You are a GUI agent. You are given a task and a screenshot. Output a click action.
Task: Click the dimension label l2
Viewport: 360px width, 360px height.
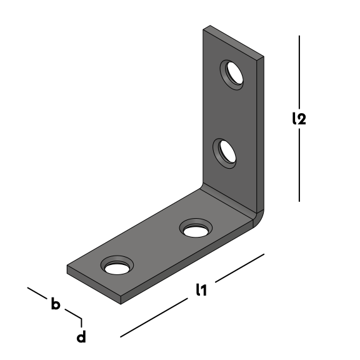point(299,119)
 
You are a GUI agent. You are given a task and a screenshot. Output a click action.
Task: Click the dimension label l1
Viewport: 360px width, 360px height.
point(201,289)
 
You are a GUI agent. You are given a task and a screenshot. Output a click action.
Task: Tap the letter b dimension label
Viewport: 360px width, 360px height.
point(56,304)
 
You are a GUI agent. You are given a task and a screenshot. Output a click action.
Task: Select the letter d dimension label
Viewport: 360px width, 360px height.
point(81,337)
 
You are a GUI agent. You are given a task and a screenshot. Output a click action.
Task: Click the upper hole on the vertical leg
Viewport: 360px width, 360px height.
point(232,74)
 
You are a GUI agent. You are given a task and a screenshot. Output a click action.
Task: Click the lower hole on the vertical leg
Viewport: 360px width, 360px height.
point(224,153)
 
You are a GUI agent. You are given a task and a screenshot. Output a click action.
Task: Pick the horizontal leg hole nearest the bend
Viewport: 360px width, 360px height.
point(196,228)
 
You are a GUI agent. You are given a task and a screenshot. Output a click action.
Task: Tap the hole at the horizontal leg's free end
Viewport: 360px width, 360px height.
point(117,265)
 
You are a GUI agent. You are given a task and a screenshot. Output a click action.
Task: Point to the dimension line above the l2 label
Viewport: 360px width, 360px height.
point(299,72)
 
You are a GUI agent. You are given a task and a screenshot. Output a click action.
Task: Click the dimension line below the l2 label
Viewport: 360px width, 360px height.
point(299,165)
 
